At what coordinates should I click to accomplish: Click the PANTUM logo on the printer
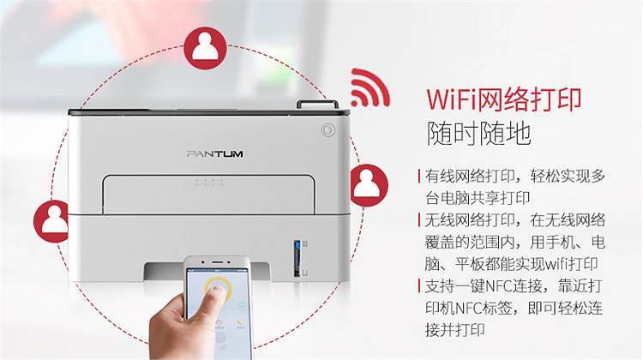tap(215, 153)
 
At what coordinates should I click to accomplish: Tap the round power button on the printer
tap(328, 130)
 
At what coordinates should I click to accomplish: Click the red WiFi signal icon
tap(369, 88)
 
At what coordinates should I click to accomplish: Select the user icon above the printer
tap(205, 48)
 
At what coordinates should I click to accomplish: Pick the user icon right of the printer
tap(369, 185)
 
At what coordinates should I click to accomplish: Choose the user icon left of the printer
tap(51, 221)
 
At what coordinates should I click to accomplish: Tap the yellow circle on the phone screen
tap(218, 288)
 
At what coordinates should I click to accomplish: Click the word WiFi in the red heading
tap(453, 99)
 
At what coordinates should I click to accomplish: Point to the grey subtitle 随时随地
tap(478, 133)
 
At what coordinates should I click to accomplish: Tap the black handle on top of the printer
tap(317, 105)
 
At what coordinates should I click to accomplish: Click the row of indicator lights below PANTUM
tap(209, 182)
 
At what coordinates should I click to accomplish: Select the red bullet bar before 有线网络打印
tap(419, 177)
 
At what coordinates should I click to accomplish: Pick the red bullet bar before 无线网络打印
tap(419, 220)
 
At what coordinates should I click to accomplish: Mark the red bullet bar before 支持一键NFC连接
tap(419, 285)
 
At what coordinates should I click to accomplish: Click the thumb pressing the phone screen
tap(216, 297)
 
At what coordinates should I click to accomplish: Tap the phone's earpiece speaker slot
tap(218, 261)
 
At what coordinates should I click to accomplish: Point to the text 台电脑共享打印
tap(478, 198)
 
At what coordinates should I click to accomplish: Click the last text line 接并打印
tap(454, 330)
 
